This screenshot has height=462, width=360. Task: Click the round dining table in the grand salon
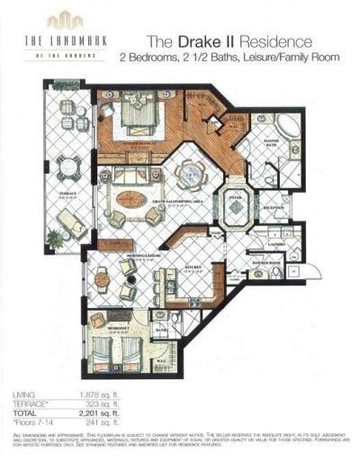[190, 172]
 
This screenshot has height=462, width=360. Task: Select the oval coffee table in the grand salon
[131, 199]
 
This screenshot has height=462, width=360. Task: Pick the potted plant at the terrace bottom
[55, 239]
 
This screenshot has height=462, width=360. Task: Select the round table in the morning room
[102, 279]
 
